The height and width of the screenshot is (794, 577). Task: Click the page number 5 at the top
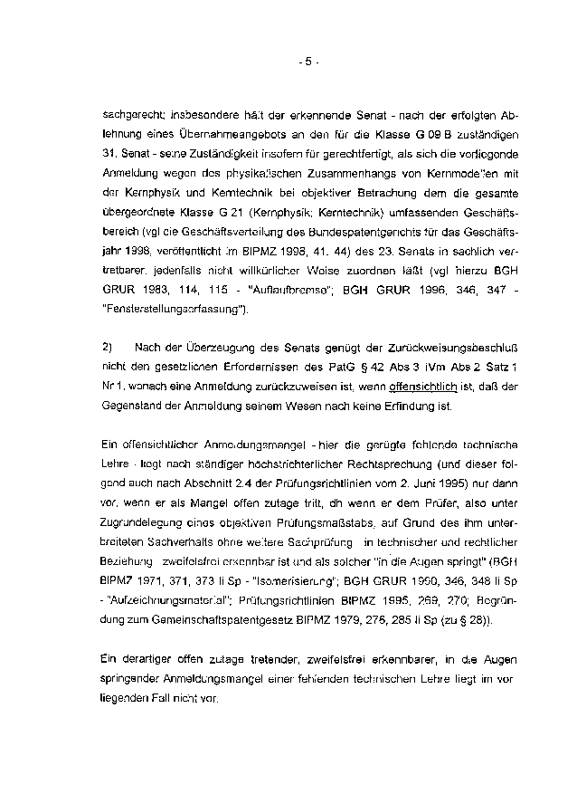click(307, 62)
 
